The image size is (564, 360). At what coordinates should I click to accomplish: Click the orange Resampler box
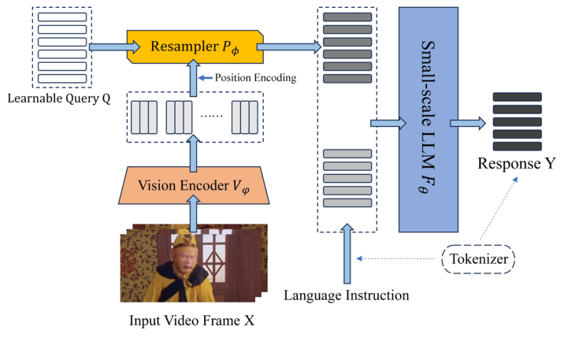(195, 46)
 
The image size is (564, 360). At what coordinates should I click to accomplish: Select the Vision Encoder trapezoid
(194, 185)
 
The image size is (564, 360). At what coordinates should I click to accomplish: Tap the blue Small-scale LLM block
(428, 120)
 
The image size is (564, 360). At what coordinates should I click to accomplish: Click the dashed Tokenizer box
(478, 259)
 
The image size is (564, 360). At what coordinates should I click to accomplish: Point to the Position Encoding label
(255, 78)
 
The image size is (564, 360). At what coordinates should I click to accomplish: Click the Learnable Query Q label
(59, 98)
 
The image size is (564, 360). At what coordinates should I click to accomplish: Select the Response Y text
(517, 163)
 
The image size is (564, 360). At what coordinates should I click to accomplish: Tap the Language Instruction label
(347, 295)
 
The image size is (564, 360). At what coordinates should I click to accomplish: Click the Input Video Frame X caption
(191, 321)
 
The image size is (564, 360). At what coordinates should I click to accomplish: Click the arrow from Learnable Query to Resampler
(114, 46)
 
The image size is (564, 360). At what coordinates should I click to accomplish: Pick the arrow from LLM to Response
(468, 123)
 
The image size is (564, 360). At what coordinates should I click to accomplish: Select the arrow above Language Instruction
(347, 254)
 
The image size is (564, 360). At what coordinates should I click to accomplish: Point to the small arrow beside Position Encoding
(206, 78)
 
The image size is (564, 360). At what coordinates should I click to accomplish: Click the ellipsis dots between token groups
(211, 116)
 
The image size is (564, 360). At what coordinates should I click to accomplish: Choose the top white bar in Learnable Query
(62, 17)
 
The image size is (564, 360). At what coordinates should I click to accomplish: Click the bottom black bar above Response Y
(518, 146)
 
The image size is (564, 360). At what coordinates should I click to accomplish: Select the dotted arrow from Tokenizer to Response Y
(499, 208)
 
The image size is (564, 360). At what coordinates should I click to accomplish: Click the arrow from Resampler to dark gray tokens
(289, 46)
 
